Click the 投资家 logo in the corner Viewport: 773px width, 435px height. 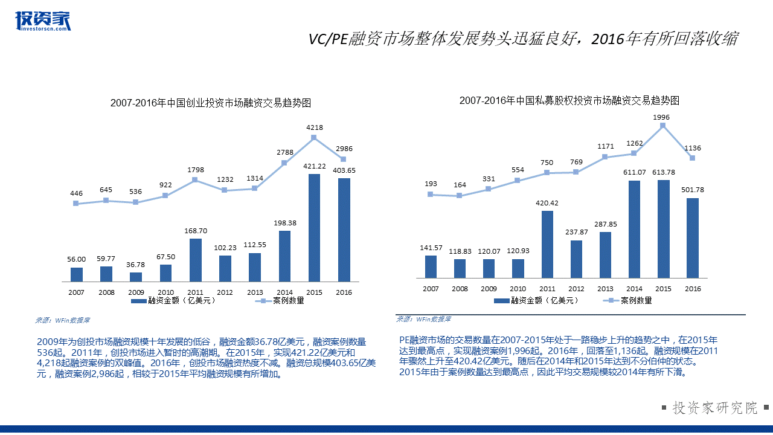43,21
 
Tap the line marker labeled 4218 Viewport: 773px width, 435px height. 314,138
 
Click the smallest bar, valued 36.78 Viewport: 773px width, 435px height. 136,277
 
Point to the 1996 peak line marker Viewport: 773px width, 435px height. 662,126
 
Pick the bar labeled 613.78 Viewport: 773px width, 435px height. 663,229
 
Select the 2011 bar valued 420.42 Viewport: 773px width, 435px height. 547,244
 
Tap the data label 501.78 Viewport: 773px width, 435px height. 692,190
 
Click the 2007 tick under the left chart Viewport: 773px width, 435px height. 77,292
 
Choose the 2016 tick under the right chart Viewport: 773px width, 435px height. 693,289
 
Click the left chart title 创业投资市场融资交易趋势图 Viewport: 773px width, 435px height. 210,103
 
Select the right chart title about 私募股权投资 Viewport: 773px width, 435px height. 569,100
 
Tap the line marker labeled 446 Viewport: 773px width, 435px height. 76,204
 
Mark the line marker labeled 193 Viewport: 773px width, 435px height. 430,194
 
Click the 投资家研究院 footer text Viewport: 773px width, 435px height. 715,408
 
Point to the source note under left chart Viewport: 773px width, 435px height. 62,320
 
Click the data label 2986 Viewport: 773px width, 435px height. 344,149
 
